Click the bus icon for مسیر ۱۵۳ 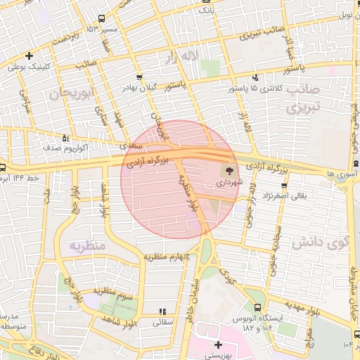coord(102,19)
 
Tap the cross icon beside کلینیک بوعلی coord(29,56)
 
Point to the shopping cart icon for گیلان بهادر coord(139,77)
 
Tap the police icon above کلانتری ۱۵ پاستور coord(255,77)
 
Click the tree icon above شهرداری coord(229,170)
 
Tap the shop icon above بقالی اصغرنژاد coord(266,184)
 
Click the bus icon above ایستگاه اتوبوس coord(258,307)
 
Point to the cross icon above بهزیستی coord(218,345)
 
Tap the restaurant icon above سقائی coord(162,311)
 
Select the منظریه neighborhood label coord(87,245)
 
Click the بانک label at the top coord(206,11)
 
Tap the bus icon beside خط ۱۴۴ coord(3,168)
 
